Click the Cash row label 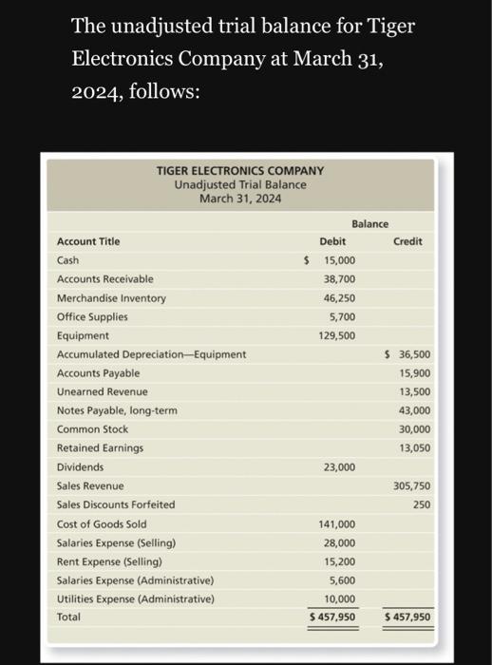(x=68, y=260)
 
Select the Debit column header (x=333, y=241)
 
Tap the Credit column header (x=407, y=241)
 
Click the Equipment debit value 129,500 (x=337, y=335)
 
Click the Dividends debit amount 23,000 (x=339, y=467)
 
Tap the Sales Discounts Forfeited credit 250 (x=421, y=504)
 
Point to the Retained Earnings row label (x=101, y=448)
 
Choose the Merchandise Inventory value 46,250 (x=339, y=297)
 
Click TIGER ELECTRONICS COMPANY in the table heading (x=239, y=171)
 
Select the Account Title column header (x=89, y=241)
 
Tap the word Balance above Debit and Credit (x=369, y=224)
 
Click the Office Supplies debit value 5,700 (x=342, y=316)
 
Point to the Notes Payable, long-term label (x=117, y=410)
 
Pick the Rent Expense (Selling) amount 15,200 (x=339, y=561)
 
